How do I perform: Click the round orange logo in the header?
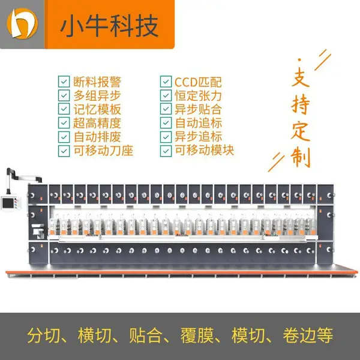click(x=22, y=23)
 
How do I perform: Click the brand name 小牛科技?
click(x=110, y=26)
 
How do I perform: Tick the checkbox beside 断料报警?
click(x=64, y=82)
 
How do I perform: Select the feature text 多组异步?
click(x=97, y=95)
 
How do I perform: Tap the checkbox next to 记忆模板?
click(x=64, y=109)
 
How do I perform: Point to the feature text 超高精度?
click(x=97, y=123)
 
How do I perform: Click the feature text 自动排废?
click(x=97, y=137)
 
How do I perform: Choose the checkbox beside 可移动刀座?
click(x=64, y=151)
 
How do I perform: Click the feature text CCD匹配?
click(x=198, y=82)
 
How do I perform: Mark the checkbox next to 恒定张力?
click(x=166, y=95)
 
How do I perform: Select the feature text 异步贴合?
click(x=198, y=109)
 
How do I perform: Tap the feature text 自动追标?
click(x=199, y=123)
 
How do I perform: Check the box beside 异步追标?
click(x=166, y=137)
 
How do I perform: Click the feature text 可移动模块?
click(x=205, y=151)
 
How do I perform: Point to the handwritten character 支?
click(x=301, y=77)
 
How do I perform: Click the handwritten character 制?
click(x=301, y=157)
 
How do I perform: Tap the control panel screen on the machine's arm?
click(x=8, y=203)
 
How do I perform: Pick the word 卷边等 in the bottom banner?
click(x=308, y=335)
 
